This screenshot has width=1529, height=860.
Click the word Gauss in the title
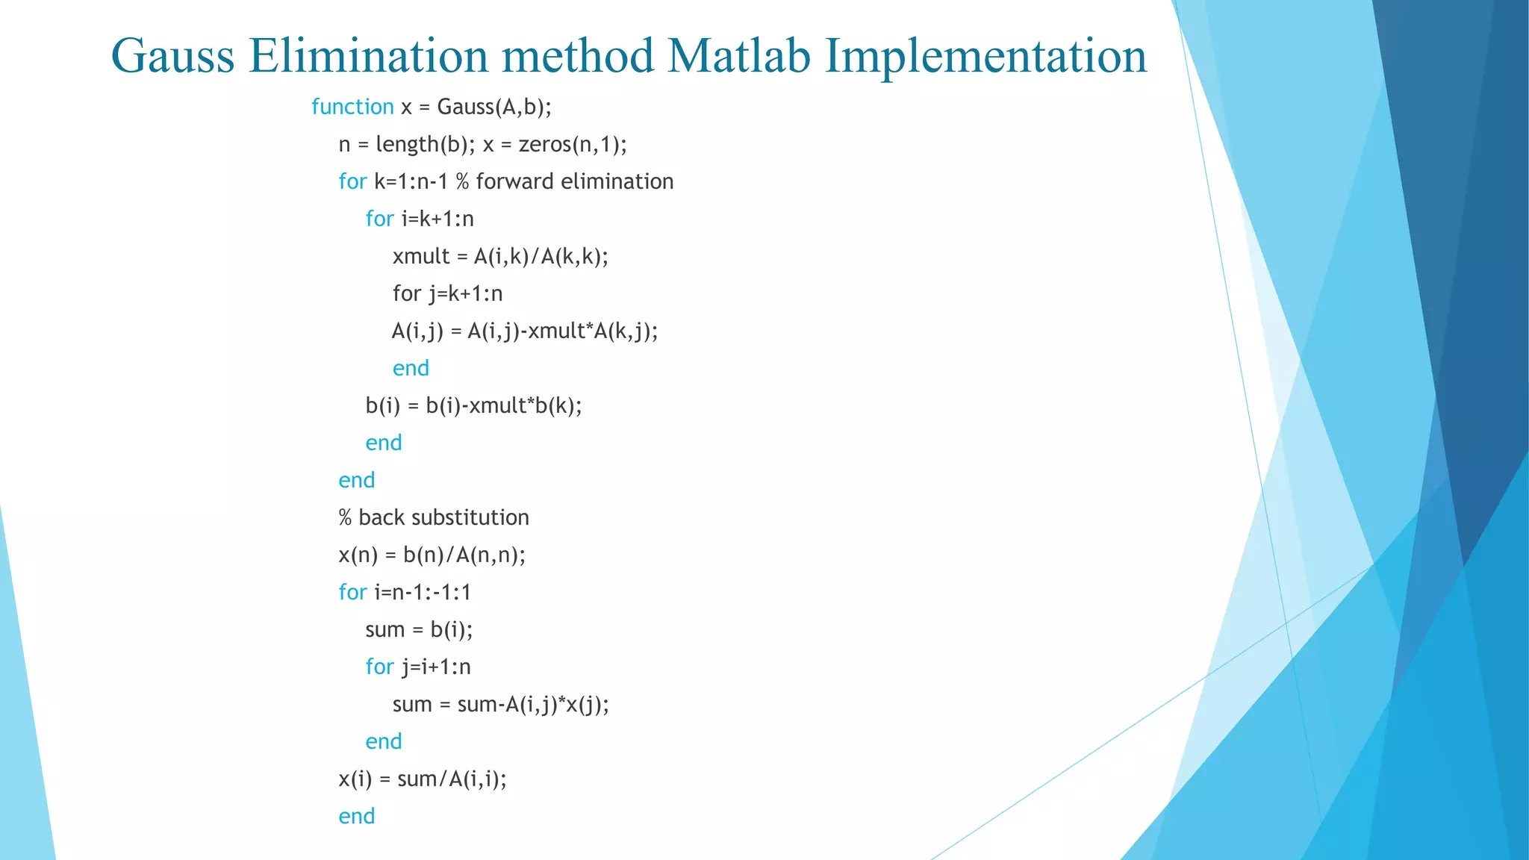click(172, 56)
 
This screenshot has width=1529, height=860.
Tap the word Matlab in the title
click(738, 56)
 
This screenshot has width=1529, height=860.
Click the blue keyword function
click(352, 107)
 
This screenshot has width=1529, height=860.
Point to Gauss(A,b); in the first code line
click(494, 107)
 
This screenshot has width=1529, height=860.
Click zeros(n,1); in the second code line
click(573, 144)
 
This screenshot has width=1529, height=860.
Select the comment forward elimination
click(574, 181)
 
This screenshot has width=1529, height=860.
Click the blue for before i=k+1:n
click(379, 219)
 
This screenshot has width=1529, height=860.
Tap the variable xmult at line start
click(421, 256)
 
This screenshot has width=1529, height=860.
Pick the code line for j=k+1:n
click(447, 293)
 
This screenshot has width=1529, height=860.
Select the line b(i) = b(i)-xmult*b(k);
click(473, 405)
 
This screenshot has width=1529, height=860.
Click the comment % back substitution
click(434, 517)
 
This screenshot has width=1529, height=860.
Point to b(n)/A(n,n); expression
click(464, 555)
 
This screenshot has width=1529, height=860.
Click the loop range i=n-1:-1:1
click(423, 592)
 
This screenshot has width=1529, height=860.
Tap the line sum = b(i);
click(419, 629)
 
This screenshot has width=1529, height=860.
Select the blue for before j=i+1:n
click(379, 667)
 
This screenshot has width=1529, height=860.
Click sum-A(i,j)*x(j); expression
click(532, 704)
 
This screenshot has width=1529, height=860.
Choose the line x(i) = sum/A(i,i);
click(423, 779)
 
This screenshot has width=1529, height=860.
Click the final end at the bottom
click(356, 816)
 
